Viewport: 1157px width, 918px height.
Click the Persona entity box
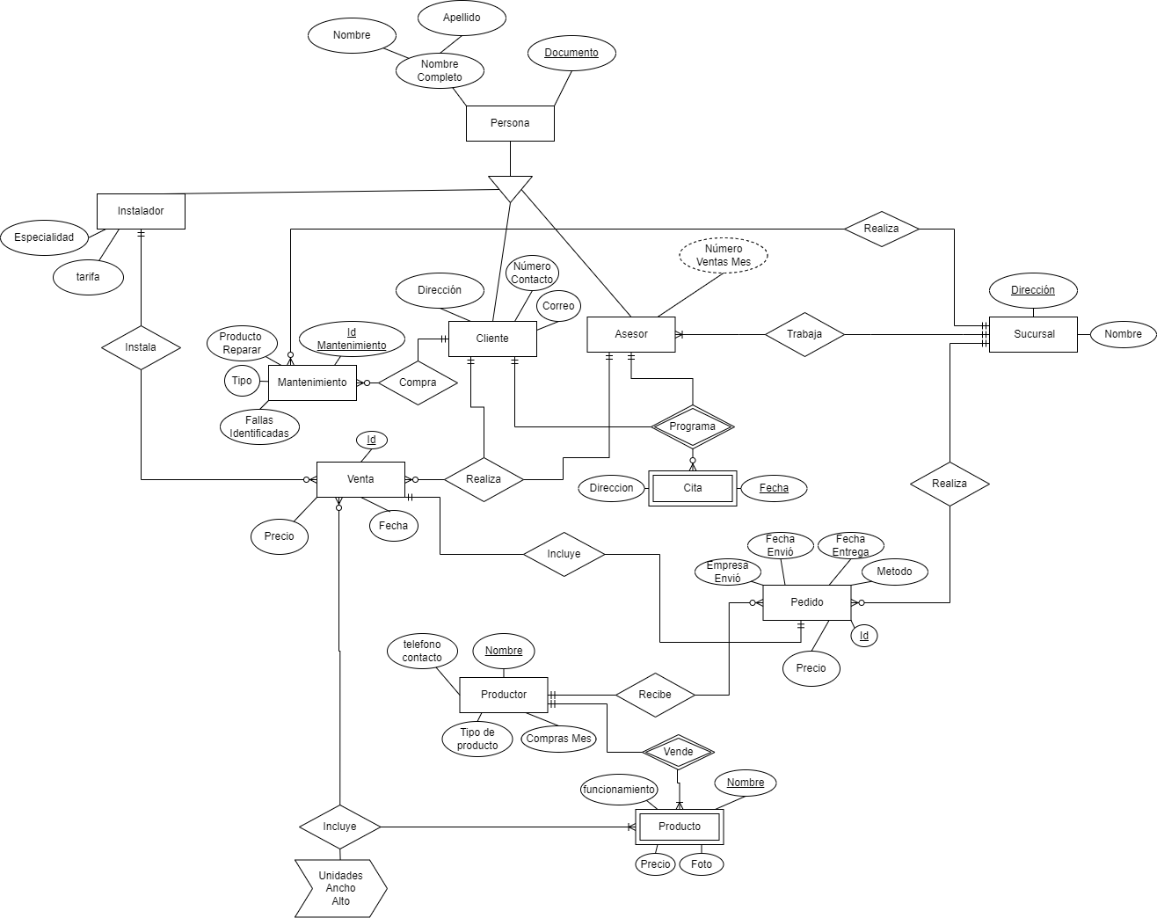(510, 123)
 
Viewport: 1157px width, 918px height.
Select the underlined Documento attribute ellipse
(571, 53)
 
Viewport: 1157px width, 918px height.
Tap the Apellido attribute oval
(462, 18)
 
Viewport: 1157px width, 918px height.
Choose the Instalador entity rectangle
(141, 211)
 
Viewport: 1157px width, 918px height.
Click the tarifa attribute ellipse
(88, 277)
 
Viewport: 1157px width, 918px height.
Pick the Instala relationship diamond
(141, 347)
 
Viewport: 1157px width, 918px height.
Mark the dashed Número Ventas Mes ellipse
(724, 255)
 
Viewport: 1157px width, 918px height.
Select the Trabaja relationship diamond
(804, 334)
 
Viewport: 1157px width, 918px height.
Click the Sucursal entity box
(1033, 334)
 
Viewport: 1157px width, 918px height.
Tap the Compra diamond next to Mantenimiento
(418, 382)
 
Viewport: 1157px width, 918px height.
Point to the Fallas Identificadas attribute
(259, 427)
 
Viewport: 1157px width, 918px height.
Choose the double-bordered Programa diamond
(693, 426)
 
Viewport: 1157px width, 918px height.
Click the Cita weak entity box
(693, 488)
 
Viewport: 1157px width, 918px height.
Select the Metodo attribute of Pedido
(894, 572)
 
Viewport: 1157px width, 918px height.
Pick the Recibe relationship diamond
(655, 695)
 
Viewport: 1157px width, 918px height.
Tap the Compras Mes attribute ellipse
(559, 739)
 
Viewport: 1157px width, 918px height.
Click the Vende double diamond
(678, 752)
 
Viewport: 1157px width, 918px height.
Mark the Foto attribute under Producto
(702, 864)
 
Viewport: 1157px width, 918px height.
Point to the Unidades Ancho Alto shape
(340, 888)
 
